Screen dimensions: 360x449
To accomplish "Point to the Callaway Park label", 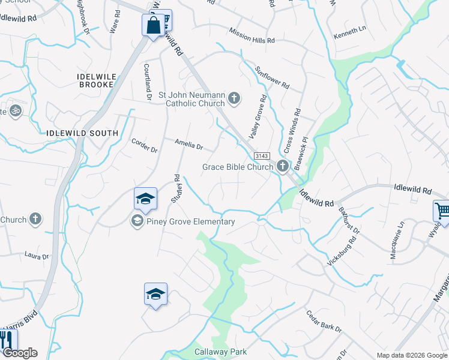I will pos(220,352).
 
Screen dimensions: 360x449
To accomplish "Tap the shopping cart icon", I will pos(442,211).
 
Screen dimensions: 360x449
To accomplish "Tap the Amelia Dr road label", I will pos(189,145).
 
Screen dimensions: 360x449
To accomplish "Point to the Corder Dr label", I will pos(144,145).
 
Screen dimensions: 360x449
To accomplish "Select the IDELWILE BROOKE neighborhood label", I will pos(96,80).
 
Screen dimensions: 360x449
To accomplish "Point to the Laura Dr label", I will pos(37,256).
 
